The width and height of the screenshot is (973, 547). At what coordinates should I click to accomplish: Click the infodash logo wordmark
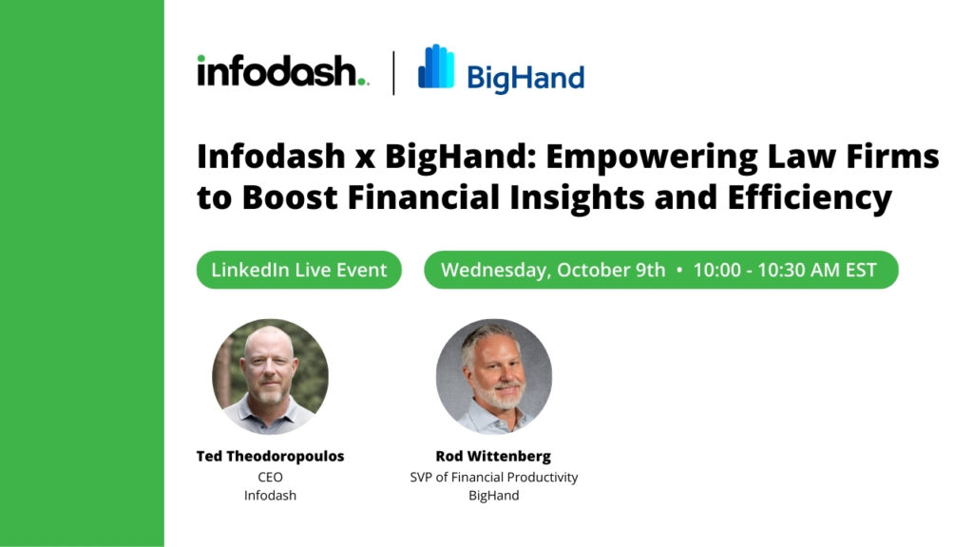click(x=283, y=70)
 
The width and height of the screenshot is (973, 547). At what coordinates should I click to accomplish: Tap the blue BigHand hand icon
click(x=436, y=66)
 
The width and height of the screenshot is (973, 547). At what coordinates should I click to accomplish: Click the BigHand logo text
click(x=525, y=78)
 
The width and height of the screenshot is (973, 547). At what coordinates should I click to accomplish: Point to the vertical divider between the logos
click(x=394, y=73)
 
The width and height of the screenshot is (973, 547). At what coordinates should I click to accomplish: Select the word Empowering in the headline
click(x=652, y=158)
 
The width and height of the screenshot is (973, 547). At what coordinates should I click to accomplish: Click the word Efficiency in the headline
click(x=810, y=198)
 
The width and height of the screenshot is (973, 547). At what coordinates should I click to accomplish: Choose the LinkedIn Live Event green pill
click(x=299, y=270)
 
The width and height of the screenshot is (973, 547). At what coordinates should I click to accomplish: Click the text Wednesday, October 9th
click(x=553, y=271)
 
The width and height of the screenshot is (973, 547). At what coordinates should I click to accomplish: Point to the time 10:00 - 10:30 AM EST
click(x=785, y=271)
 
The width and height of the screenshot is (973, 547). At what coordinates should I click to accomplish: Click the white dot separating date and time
click(x=678, y=271)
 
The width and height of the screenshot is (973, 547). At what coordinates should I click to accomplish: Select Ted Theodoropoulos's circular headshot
click(x=271, y=376)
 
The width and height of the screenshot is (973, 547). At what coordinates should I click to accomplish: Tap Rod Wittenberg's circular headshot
click(x=494, y=376)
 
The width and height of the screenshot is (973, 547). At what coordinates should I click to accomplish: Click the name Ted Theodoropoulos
click(x=270, y=457)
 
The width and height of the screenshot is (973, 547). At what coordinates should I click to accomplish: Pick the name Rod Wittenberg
click(x=493, y=457)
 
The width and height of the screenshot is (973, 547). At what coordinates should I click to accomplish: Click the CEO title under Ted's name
click(x=270, y=477)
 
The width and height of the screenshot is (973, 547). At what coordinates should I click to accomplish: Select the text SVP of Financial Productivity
click(x=494, y=478)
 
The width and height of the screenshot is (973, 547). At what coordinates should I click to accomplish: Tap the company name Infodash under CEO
click(x=270, y=496)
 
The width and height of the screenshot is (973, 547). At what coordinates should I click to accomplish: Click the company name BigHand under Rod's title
click(x=494, y=496)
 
